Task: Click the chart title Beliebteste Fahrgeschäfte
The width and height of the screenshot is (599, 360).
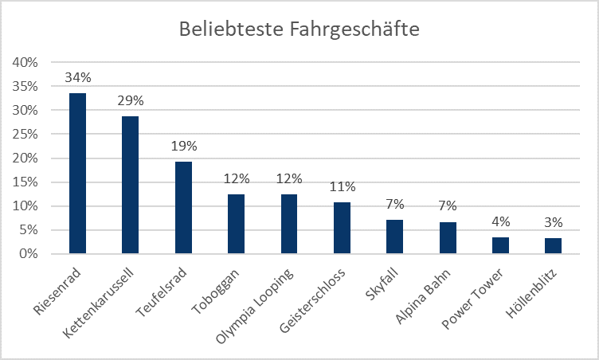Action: point(299,30)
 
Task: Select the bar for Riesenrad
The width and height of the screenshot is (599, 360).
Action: point(77,174)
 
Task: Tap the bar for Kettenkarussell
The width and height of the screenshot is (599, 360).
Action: point(130,185)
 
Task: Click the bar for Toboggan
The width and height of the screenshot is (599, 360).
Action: point(236,224)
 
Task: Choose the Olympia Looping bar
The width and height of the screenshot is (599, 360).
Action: point(288,224)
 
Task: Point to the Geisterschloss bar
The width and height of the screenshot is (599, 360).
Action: point(342,228)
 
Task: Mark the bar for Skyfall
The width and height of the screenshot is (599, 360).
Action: point(394,237)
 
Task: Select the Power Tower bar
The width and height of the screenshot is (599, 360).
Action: point(500,245)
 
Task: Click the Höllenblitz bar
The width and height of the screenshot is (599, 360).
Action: point(553,246)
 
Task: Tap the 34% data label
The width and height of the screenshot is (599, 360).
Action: point(78,78)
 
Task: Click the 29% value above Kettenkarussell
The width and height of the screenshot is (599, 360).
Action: point(131,101)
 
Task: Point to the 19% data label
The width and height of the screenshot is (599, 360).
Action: point(183,147)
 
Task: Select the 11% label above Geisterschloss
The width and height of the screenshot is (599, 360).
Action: point(342,187)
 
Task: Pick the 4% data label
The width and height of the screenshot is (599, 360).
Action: point(500,222)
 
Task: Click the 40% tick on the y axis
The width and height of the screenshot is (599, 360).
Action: point(25,62)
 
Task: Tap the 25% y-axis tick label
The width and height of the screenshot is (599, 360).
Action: point(25,134)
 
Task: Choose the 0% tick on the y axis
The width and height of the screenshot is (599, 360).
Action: point(28,254)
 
